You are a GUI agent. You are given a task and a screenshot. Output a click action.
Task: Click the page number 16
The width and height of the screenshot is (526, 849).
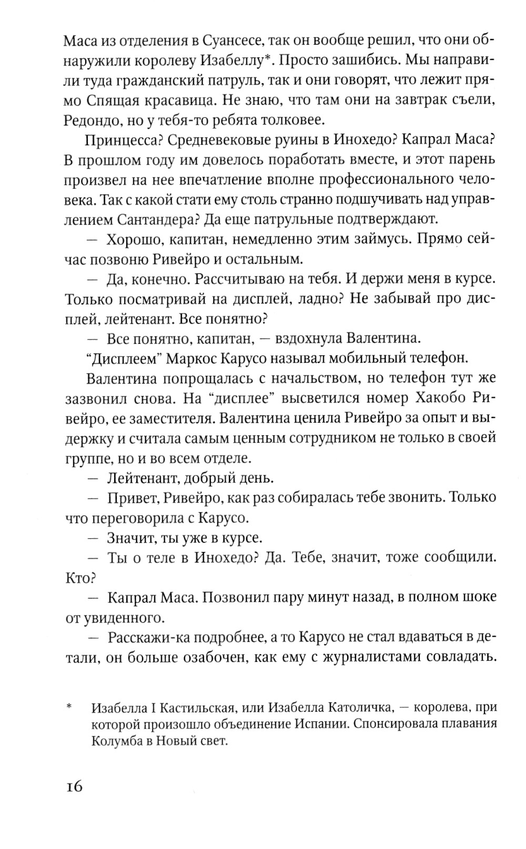[74, 787]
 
